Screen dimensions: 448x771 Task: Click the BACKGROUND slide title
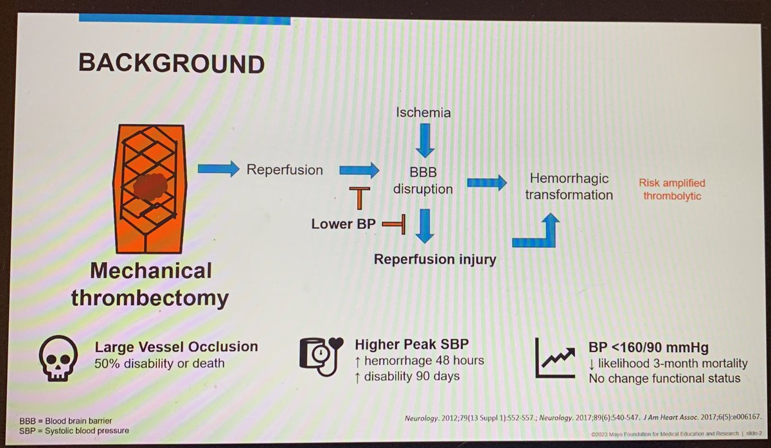click(x=171, y=64)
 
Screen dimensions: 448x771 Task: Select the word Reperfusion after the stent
click(x=285, y=170)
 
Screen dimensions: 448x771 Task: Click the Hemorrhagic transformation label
click(x=568, y=186)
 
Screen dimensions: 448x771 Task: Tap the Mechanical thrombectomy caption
click(x=150, y=285)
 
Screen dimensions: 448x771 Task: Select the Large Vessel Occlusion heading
click(x=176, y=347)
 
